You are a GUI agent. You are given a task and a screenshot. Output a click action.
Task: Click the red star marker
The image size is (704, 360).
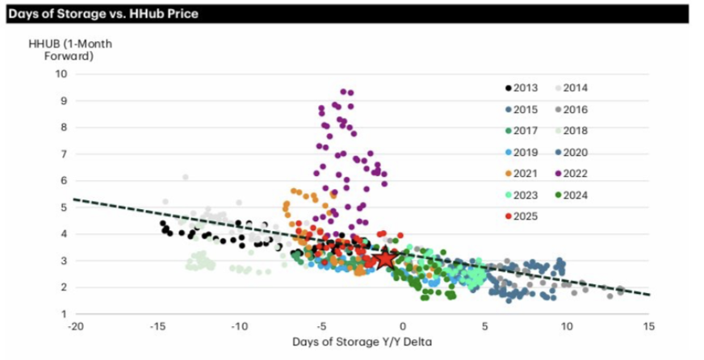386,259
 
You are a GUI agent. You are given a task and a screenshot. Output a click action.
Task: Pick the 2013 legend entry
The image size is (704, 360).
520,88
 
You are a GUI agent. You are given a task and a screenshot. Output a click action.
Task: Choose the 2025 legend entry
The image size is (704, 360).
520,216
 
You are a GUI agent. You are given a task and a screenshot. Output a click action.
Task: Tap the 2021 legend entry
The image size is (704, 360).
520,173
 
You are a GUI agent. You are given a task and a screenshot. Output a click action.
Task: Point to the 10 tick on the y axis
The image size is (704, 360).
61,74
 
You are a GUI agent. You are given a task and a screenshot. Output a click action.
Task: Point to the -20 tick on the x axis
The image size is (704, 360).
75,327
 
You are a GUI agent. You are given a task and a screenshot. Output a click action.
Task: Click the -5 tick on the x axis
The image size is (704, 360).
321,327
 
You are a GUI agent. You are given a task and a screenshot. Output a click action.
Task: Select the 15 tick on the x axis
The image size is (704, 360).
649,327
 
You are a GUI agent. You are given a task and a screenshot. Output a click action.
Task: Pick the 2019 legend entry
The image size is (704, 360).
520,152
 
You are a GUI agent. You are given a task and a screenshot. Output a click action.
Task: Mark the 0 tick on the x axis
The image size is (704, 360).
404,327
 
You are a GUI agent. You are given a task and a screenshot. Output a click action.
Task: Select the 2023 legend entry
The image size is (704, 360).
520,195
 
